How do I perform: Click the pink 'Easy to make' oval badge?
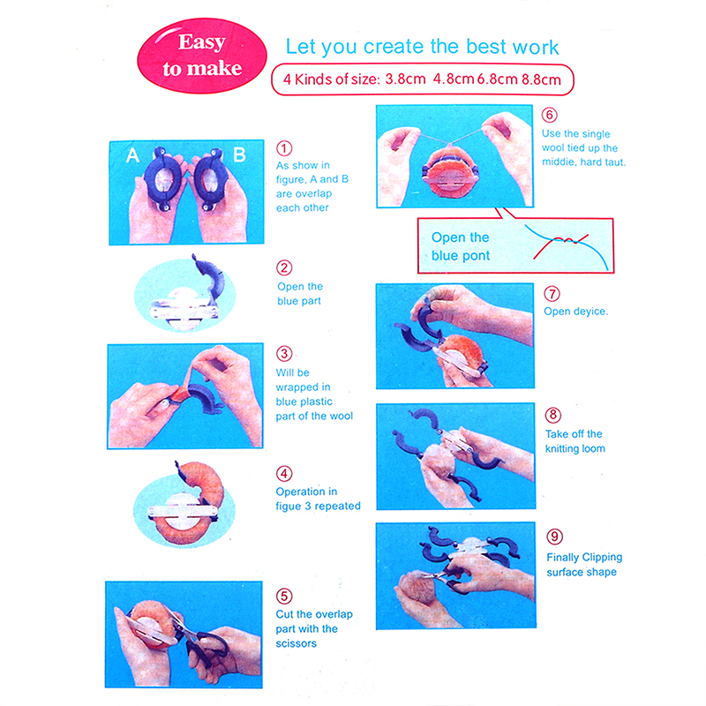[202, 56]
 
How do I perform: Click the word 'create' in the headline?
[394, 47]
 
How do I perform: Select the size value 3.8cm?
[405, 79]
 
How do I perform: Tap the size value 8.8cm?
[541, 79]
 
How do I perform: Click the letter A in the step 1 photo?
[132, 156]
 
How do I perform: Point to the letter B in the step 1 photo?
[239, 155]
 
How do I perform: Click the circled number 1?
[284, 148]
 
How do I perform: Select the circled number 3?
[284, 354]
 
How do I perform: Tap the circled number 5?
[284, 597]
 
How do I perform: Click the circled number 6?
[549, 115]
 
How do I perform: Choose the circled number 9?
[555, 537]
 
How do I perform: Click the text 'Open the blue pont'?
[460, 246]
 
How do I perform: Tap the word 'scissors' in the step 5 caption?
[296, 643]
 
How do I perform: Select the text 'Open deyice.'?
[576, 312]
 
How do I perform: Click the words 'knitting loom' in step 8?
[575, 448]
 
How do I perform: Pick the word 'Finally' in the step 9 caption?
[563, 558]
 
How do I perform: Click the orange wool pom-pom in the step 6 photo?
[450, 173]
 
